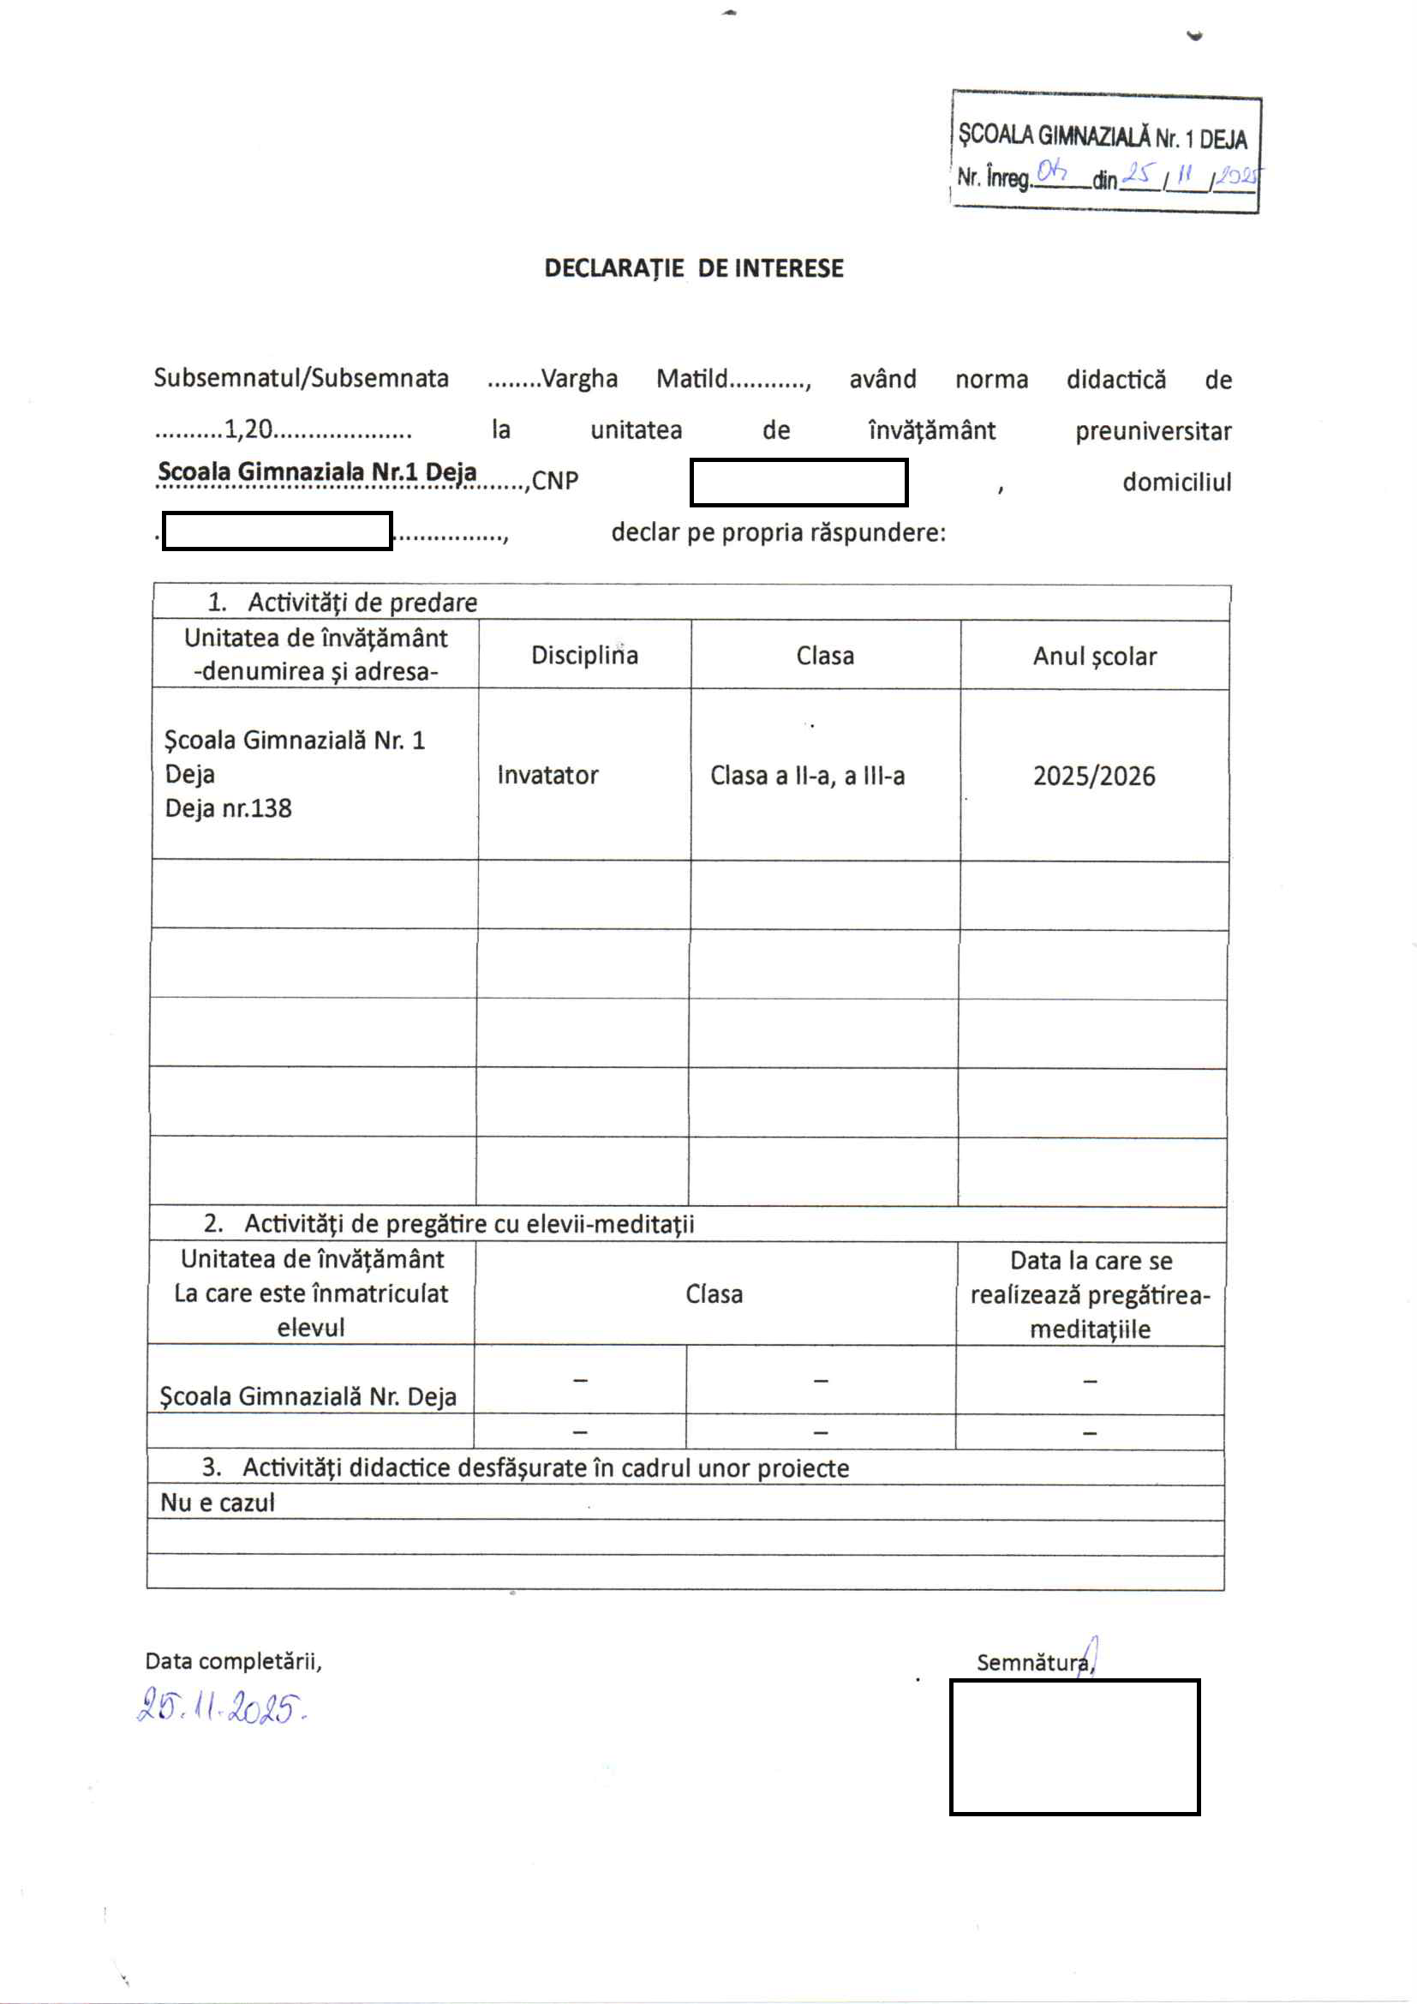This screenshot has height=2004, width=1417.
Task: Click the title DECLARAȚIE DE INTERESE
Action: pos(694,268)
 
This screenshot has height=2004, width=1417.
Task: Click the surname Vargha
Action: pos(578,379)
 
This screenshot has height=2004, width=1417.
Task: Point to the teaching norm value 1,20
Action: pos(248,429)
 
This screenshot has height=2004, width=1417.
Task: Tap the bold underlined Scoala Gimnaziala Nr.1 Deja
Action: pos(317,472)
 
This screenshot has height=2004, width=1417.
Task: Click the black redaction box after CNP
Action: pos(798,483)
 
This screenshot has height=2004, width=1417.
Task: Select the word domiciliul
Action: pos(1176,482)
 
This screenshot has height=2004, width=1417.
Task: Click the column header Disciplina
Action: pos(584,656)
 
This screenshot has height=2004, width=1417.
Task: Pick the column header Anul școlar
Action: pos(1094,657)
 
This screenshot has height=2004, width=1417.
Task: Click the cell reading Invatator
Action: pos(548,775)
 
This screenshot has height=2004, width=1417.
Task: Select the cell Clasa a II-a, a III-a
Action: pos(807,775)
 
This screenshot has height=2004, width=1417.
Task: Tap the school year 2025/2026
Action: pos(1094,776)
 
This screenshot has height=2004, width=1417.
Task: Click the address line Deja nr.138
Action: pos(229,808)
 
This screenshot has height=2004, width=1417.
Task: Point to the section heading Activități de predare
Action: pos(362,603)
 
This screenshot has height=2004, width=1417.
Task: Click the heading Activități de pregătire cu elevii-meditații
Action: pos(469,1224)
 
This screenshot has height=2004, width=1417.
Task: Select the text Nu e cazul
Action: pos(218,1503)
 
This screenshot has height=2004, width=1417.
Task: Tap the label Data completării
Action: pos(233,1661)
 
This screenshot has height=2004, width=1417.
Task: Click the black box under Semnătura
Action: pos(1074,1748)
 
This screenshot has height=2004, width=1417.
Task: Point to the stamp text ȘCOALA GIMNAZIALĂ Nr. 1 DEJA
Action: pos(1102,136)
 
